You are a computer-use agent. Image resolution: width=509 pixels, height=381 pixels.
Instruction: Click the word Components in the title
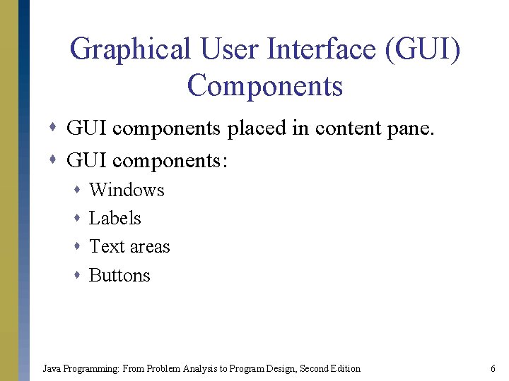(x=265, y=86)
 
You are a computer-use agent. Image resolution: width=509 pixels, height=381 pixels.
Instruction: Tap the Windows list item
(x=127, y=190)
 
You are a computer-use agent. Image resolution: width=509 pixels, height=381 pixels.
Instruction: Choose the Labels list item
(x=115, y=218)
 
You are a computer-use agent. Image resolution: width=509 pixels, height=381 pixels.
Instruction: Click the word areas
(x=150, y=248)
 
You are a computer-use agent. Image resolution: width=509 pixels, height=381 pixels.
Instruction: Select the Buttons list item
(x=119, y=275)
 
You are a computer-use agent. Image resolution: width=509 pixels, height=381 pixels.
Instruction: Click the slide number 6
(x=492, y=368)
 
